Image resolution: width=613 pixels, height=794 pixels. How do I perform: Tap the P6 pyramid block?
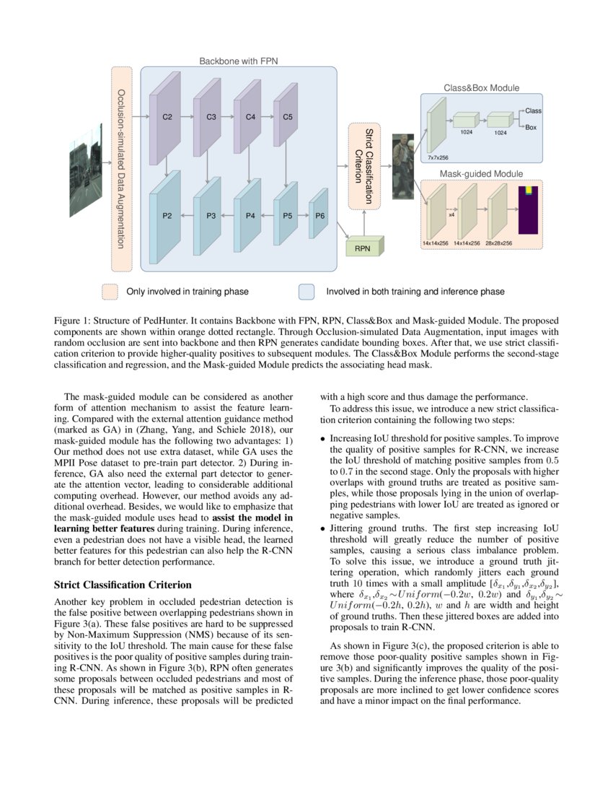[319, 216]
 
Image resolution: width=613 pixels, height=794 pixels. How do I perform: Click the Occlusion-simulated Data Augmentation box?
[121, 169]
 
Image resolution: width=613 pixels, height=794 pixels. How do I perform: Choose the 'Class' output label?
[534, 111]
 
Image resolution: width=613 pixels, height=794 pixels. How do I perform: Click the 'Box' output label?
[531, 127]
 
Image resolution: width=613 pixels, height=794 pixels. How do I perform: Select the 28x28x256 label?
[498, 243]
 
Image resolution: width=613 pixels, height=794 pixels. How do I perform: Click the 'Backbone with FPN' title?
[238, 62]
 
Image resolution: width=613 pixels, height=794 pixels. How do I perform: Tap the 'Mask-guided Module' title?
[481, 174]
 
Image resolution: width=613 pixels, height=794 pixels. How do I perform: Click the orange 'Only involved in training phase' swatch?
[110, 292]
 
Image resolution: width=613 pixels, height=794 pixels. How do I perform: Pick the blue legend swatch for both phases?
[306, 292]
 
